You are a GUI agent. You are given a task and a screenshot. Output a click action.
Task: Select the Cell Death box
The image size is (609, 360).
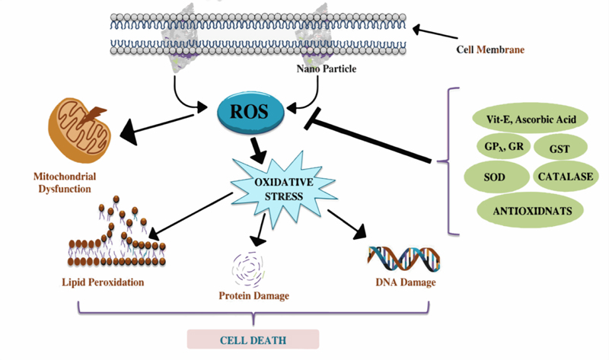[253, 339]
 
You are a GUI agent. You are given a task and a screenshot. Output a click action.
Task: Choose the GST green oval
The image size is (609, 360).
[560, 147]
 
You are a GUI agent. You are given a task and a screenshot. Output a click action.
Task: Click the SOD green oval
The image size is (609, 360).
[496, 176]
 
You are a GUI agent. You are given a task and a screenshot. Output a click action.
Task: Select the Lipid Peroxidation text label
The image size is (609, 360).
[103, 282]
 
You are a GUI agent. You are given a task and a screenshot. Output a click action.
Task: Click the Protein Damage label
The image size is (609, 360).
[253, 295]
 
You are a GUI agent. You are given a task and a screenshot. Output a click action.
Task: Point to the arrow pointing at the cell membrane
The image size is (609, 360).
[438, 33]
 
